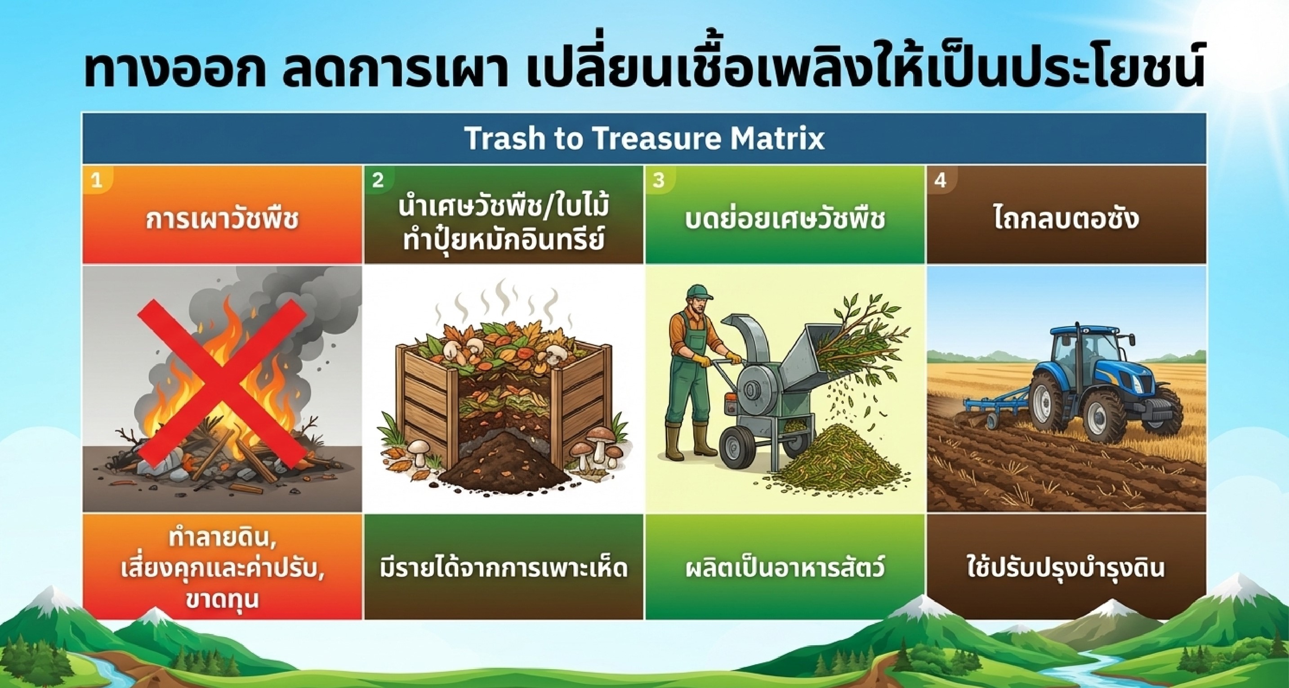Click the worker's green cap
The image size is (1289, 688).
pyautogui.click(x=698, y=292)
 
